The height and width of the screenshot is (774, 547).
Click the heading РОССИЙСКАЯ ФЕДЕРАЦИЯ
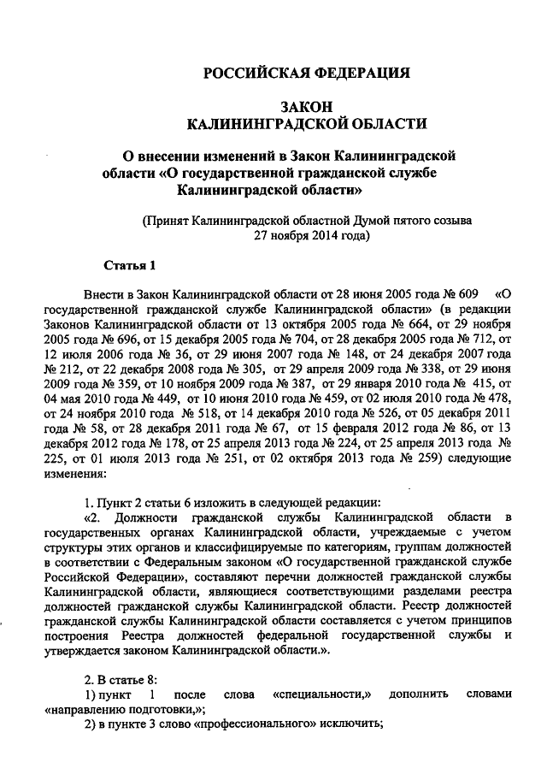click(307, 73)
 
